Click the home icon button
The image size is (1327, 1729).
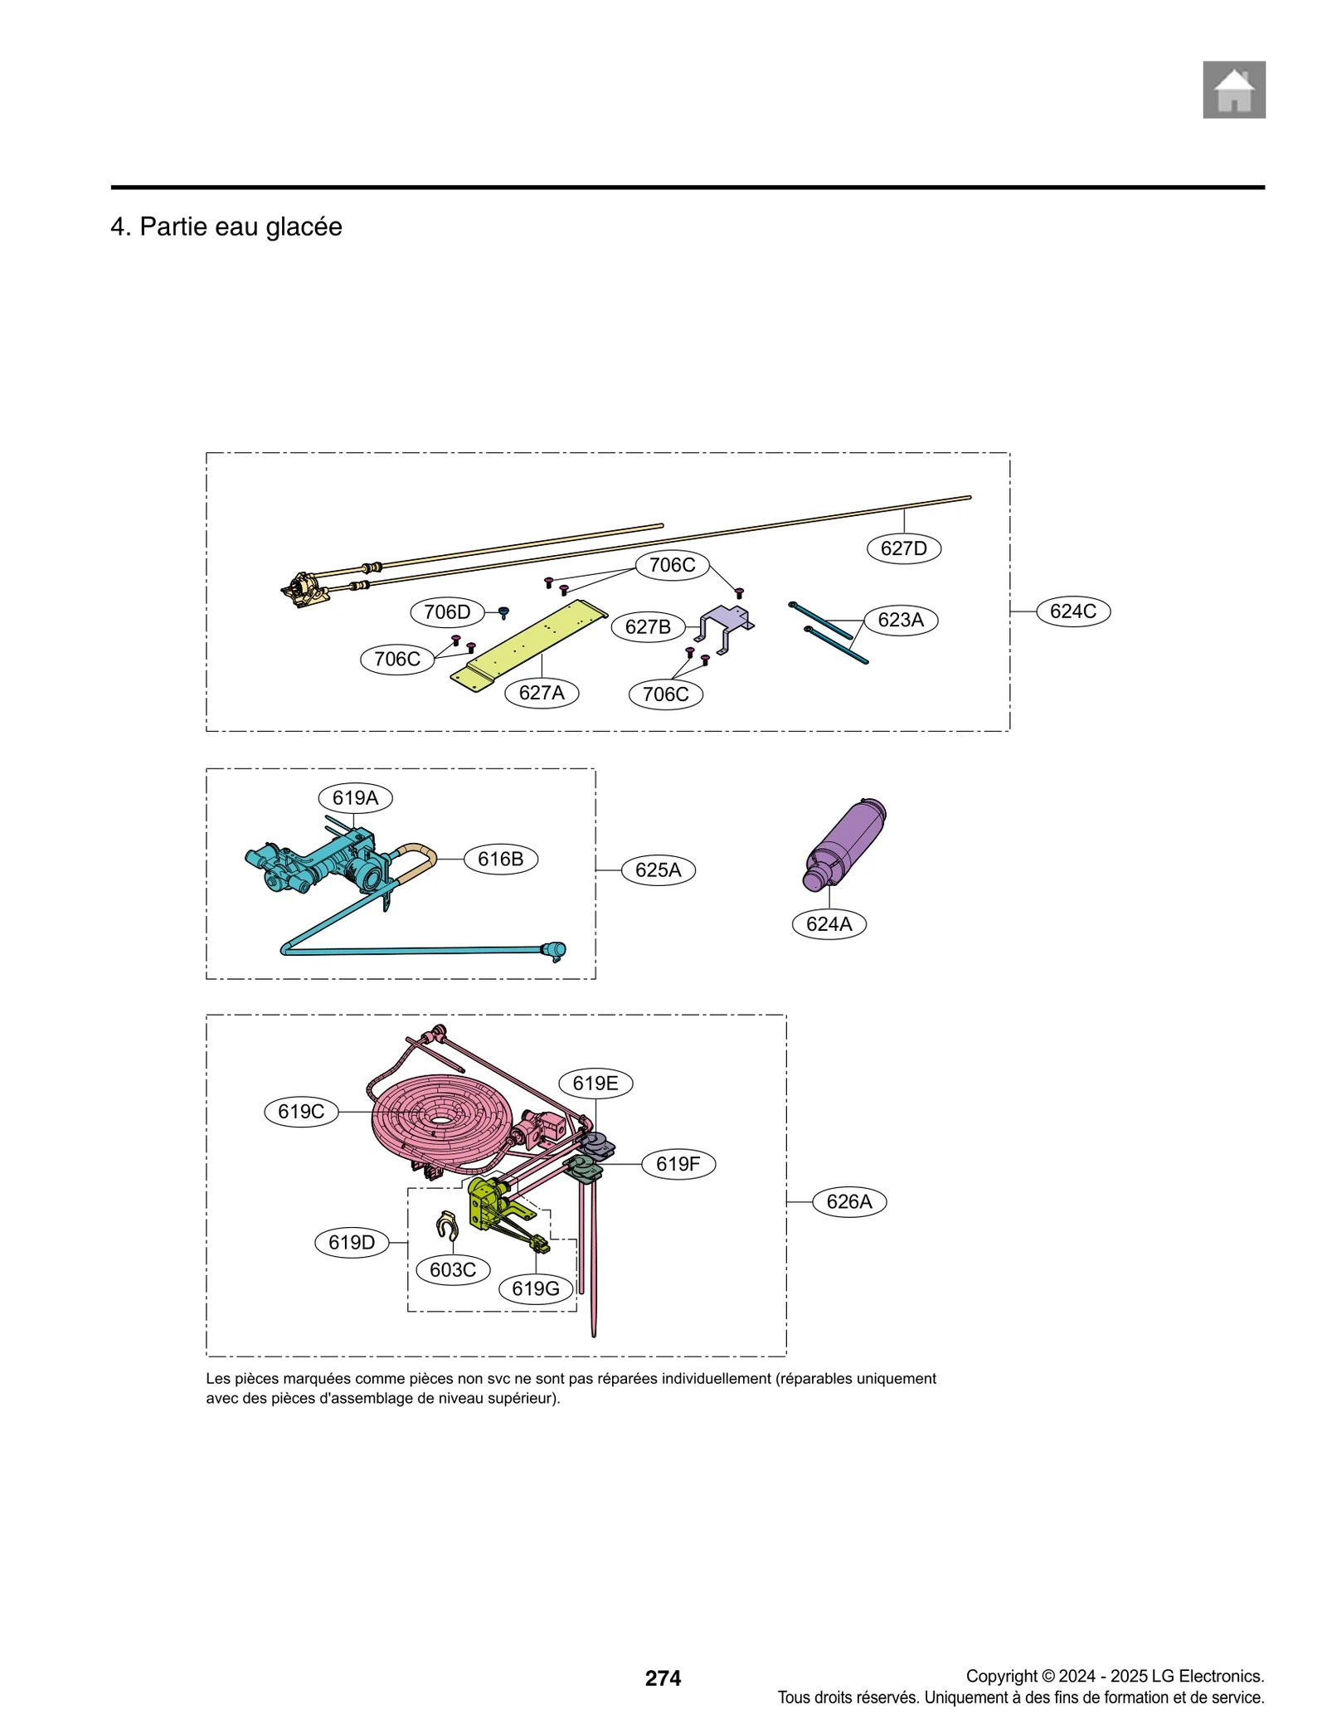[x=1233, y=90]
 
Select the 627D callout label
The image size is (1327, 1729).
[x=903, y=548]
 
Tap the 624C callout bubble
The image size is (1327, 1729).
[x=1072, y=611]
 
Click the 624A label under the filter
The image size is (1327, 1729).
[x=829, y=923]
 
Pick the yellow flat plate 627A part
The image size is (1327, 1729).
[x=531, y=643]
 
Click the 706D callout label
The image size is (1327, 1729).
[x=447, y=612]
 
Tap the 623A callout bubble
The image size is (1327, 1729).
[x=900, y=620]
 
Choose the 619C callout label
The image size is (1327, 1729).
[x=301, y=1111]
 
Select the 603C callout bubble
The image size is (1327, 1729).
[x=453, y=1269]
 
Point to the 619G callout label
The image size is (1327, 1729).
[x=535, y=1288]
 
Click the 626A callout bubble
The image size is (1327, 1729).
[x=849, y=1201]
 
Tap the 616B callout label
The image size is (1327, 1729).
[x=500, y=859]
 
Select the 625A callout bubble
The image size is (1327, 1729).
[x=658, y=869]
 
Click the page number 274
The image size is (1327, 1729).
[x=663, y=1678]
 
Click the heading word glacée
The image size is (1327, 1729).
[x=304, y=226]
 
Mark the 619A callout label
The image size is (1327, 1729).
[x=355, y=797]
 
